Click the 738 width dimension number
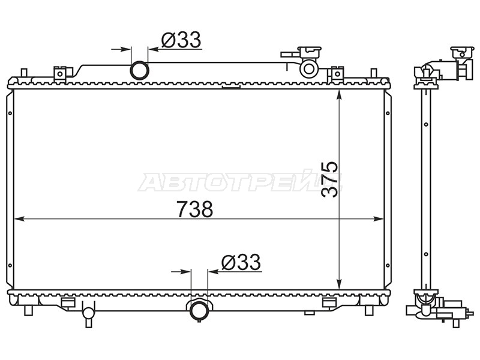pyautogui.click(x=194, y=209)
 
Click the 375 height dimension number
pyautogui.click(x=329, y=179)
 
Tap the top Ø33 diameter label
pyautogui.click(x=181, y=40)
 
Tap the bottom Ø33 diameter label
pyautogui.click(x=241, y=262)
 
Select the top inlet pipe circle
pyautogui.click(x=140, y=70)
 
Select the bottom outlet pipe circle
pyautogui.click(x=199, y=310)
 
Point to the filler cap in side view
pyautogui.click(x=462, y=52)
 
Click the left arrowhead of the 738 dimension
pyautogui.click(x=19, y=218)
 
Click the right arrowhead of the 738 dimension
pyautogui.click(x=379, y=218)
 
